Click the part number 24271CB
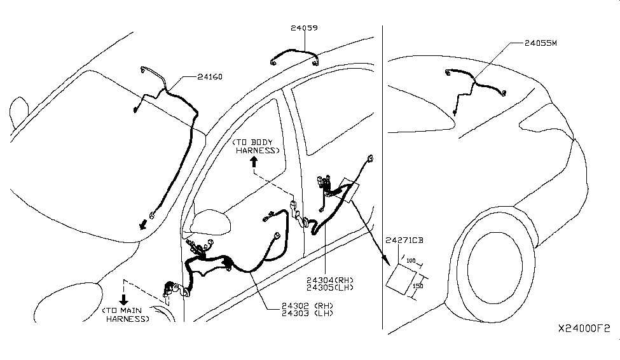pos(404,240)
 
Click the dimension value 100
pos(410,261)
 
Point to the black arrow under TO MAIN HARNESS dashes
pos(125,298)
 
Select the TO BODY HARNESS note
pos(256,146)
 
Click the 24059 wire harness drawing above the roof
pos(294,56)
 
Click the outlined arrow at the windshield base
pos(146,224)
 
